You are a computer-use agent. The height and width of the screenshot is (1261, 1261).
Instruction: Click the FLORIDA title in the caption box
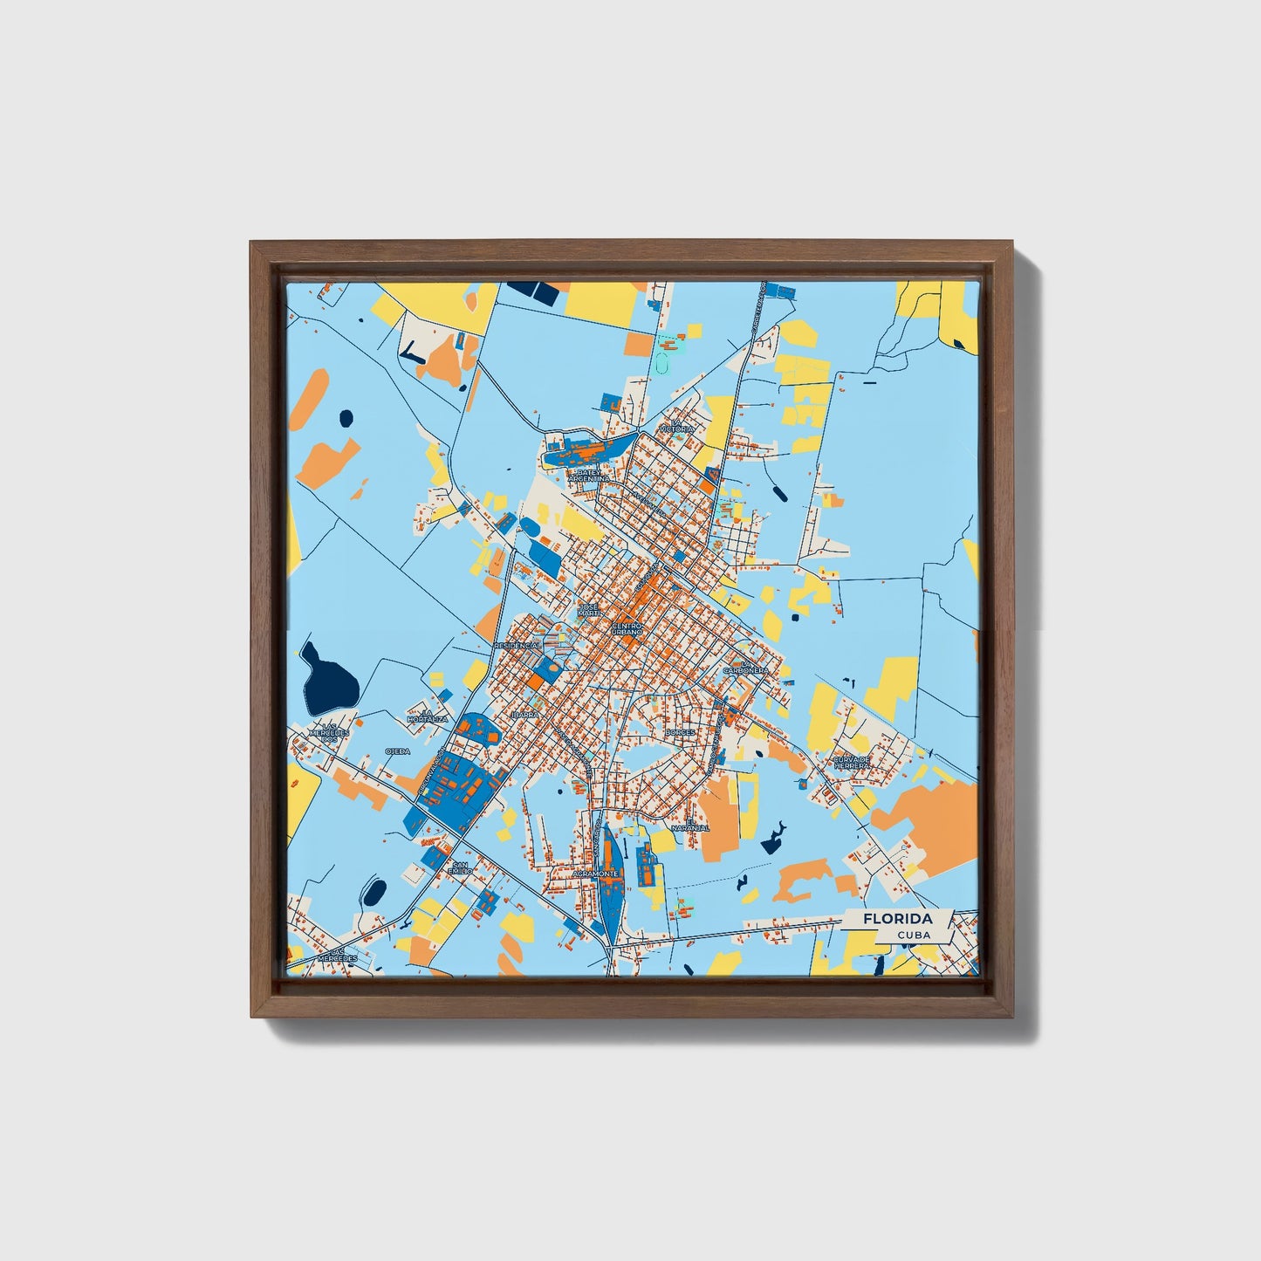point(897,919)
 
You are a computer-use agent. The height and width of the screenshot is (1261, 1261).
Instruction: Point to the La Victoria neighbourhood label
point(677,426)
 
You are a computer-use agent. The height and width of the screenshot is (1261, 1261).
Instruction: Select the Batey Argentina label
point(588,476)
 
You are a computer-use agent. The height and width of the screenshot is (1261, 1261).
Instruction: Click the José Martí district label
point(590,609)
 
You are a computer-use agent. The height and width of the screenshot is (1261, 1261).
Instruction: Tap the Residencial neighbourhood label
point(517,645)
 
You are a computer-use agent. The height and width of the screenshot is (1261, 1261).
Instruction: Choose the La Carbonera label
point(745,668)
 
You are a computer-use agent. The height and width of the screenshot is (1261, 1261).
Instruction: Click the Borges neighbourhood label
point(679,732)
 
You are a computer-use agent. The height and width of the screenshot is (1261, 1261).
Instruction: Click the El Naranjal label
point(697,824)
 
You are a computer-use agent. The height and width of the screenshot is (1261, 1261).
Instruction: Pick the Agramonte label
point(595,873)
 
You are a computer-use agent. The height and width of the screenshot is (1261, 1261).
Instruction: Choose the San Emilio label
point(459,867)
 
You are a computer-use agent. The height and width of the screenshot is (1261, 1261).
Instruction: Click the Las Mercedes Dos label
point(333,731)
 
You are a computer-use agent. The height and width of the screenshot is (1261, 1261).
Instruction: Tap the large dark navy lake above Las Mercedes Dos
point(329,677)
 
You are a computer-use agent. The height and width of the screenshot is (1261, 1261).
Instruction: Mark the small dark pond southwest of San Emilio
point(374,892)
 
